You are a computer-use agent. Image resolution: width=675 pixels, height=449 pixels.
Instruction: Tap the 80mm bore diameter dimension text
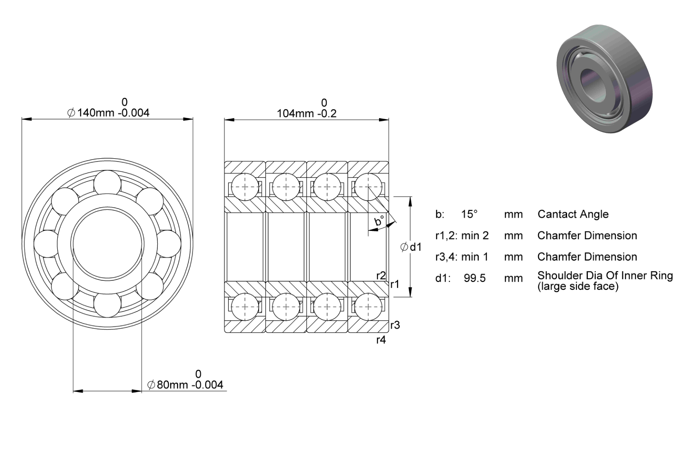pyautogui.click(x=185, y=385)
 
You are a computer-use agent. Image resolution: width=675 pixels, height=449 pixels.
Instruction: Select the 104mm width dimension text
pyautogui.click(x=306, y=114)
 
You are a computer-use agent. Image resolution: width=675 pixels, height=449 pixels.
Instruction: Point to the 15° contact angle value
pyautogui.click(x=469, y=214)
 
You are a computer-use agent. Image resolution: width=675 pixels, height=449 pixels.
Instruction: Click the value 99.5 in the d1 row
pyautogui.click(x=474, y=278)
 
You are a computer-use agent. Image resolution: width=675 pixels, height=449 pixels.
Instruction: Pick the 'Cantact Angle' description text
pyautogui.click(x=573, y=214)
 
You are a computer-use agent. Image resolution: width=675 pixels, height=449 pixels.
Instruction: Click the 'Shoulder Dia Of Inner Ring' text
pyautogui.click(x=605, y=275)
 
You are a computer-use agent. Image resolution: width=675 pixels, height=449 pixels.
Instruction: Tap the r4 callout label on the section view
pyautogui.click(x=381, y=340)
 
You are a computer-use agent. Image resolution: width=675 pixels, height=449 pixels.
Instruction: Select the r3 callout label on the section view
pyautogui.click(x=395, y=325)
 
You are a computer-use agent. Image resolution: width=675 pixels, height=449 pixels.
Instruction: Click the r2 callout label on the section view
pyautogui.click(x=381, y=276)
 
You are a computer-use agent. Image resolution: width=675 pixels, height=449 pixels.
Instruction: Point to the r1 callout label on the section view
pyautogui.click(x=395, y=284)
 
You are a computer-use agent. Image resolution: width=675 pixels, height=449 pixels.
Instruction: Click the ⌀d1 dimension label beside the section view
pyautogui.click(x=411, y=247)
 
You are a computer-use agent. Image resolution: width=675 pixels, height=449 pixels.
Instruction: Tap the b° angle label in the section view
pyautogui.click(x=379, y=221)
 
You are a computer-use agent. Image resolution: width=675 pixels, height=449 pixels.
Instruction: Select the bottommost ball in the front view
pyautogui.click(x=108, y=304)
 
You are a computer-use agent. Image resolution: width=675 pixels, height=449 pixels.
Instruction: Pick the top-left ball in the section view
pyautogui.click(x=245, y=186)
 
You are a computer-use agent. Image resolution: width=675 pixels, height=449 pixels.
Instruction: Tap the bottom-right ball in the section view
pyautogui.click(x=368, y=307)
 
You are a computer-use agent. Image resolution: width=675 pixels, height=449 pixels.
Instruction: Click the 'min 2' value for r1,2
pyautogui.click(x=475, y=236)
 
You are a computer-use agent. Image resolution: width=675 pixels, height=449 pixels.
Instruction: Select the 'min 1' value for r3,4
pyautogui.click(x=474, y=257)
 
